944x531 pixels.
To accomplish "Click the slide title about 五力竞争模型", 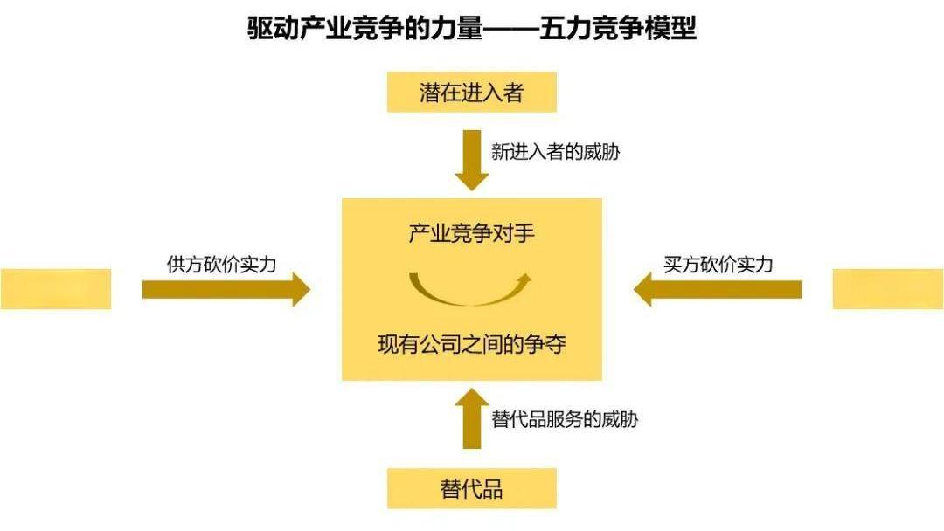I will coord(472,30).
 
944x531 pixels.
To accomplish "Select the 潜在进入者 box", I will coord(472,93).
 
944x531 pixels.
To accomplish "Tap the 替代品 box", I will coord(472,488).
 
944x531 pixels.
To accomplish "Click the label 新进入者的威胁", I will coord(556,152).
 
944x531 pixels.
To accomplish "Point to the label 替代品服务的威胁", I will coord(565,419).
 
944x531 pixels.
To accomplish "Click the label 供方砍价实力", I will coord(221,265).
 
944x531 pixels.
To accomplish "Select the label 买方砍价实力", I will coord(718,265).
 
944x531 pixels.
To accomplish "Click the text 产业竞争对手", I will coord(471,234).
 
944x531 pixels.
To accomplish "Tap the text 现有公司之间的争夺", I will coord(472,344).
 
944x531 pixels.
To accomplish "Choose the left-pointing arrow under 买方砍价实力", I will coord(717,289).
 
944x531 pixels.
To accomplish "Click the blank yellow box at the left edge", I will coord(55,289).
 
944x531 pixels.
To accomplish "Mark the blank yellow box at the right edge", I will coord(888,289).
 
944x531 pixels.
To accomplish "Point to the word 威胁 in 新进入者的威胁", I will coord(604,152).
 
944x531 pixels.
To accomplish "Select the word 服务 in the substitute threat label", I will coord(571,419).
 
